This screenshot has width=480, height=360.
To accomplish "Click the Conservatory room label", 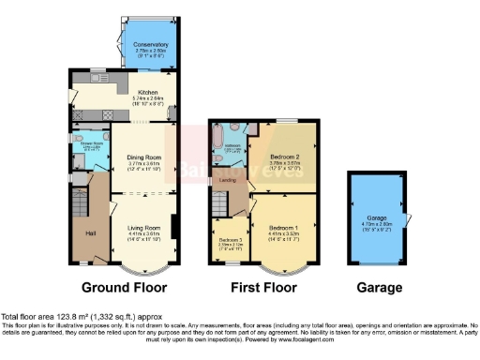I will pyautogui.click(x=150, y=44).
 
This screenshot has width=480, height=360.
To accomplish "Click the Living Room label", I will pyautogui.click(x=143, y=226).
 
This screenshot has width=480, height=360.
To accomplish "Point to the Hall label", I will pyautogui.click(x=91, y=232).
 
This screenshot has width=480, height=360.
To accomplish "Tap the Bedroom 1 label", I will pyautogui.click(x=283, y=229).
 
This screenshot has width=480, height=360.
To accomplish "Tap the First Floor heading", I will pyautogui.click(x=264, y=287).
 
